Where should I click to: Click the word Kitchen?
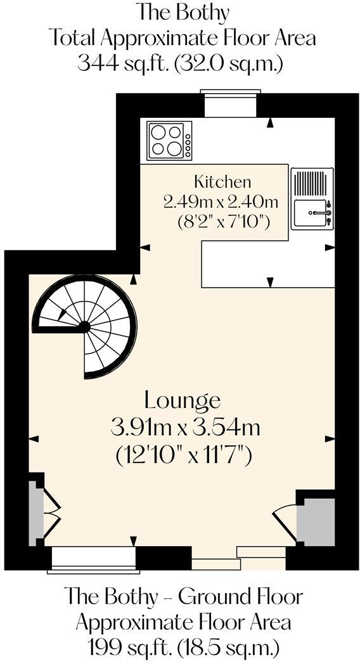(x=222, y=182)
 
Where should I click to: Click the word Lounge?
(x=183, y=400)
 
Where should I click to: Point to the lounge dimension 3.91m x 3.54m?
(x=185, y=428)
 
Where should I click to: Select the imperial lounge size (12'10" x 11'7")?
(x=184, y=454)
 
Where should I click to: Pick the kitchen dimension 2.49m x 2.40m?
(x=221, y=202)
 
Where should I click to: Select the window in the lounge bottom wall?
(x=93, y=559)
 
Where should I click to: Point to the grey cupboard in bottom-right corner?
(x=316, y=521)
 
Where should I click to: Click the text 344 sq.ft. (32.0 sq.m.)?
(x=180, y=63)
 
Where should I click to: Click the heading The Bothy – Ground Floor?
(x=183, y=596)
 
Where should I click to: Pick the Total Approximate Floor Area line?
(x=183, y=38)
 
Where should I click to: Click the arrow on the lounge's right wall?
(x=329, y=438)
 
